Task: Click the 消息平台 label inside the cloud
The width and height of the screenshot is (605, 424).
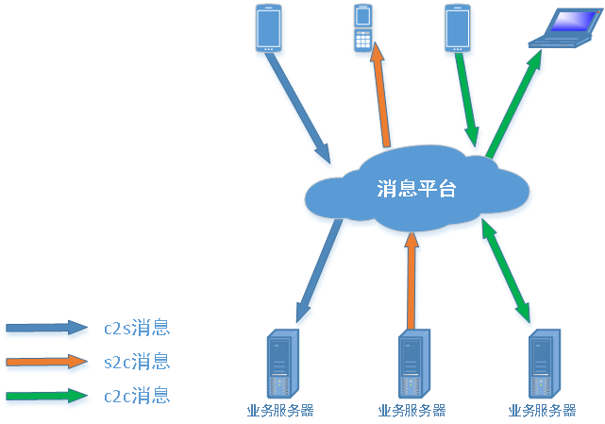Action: pos(416,189)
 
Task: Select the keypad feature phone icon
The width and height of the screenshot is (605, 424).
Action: pos(363,30)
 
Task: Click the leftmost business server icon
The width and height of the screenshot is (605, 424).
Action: pos(280,364)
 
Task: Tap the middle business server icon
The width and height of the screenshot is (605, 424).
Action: pos(412,364)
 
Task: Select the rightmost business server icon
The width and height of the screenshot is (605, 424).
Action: pos(545,364)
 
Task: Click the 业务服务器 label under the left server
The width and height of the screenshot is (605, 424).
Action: pos(279,411)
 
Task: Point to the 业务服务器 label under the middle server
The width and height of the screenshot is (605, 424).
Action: pos(412,411)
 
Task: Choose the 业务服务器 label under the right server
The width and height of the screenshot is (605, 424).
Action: pos(542,411)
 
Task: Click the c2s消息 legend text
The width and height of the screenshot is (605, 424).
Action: pos(137,329)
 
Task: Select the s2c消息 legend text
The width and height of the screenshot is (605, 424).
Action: pos(137,362)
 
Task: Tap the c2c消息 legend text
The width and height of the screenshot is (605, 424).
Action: pos(137,395)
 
